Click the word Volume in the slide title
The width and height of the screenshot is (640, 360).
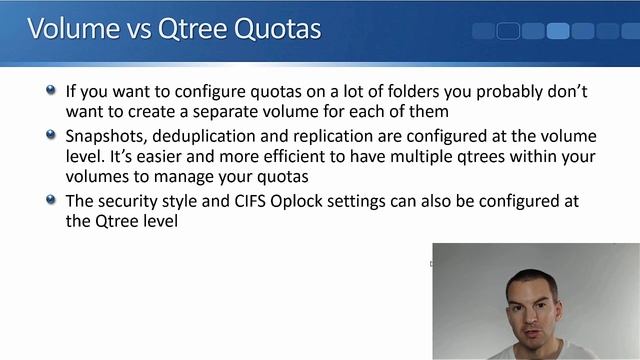(70, 28)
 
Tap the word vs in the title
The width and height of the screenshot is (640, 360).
(135, 29)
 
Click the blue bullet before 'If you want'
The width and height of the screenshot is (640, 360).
(51, 90)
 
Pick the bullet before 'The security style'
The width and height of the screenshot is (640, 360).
(51, 200)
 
